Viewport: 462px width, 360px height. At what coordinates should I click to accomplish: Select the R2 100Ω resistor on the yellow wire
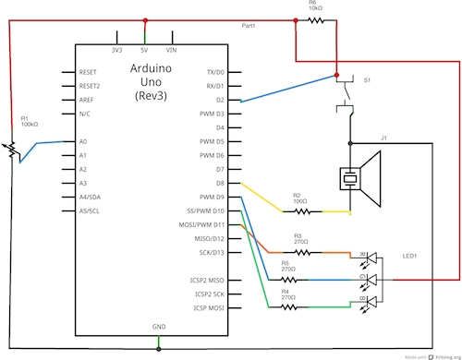(x=297, y=211)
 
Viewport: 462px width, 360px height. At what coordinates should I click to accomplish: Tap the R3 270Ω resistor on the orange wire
(x=298, y=251)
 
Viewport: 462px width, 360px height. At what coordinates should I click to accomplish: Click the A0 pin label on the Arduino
(x=82, y=141)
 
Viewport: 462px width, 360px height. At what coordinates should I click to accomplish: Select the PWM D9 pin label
(x=212, y=198)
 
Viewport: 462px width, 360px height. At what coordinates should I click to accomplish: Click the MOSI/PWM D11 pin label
(x=201, y=225)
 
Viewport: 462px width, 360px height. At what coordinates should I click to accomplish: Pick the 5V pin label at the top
(x=143, y=49)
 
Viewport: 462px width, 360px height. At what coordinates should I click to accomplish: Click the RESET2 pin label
(x=90, y=85)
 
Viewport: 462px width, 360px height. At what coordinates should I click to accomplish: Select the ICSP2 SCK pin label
(x=204, y=293)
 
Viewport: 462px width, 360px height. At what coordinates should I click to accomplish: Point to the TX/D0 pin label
(x=214, y=71)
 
